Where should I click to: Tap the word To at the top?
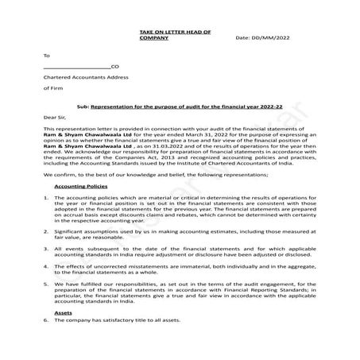click(x=46, y=56)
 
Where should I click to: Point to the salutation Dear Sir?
click(x=56, y=116)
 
